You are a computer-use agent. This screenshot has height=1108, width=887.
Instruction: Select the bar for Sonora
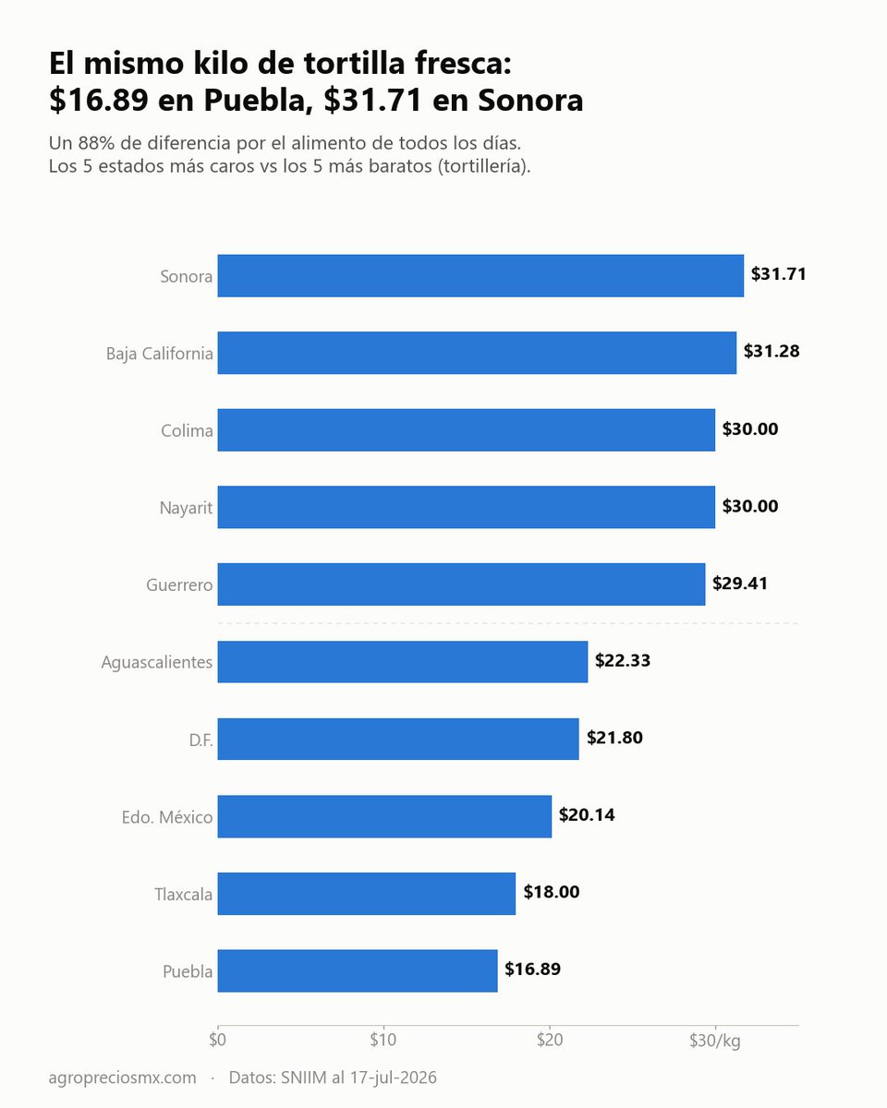click(x=480, y=275)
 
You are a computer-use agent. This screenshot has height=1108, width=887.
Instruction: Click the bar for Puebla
click(x=358, y=970)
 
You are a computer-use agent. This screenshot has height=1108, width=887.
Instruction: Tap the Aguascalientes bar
click(x=403, y=662)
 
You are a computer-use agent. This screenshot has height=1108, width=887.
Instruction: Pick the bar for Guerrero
click(x=461, y=584)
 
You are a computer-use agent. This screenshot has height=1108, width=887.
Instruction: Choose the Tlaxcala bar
click(x=367, y=893)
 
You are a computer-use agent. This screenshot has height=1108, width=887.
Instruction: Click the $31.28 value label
click(x=771, y=351)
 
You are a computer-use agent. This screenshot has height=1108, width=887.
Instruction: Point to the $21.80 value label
click(x=614, y=738)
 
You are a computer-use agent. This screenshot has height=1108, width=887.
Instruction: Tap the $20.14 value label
click(x=587, y=814)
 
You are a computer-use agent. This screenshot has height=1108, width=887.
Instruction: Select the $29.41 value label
click(x=739, y=583)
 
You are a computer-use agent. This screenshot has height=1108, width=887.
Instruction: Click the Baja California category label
click(x=159, y=354)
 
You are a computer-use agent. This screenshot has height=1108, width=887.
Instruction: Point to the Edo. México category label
click(x=167, y=817)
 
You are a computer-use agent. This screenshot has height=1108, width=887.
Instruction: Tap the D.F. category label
click(x=200, y=740)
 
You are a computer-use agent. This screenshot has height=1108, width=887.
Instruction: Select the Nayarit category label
click(x=186, y=508)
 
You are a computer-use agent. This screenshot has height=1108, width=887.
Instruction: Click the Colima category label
click(x=187, y=430)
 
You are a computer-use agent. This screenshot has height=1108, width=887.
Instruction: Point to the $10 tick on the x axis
click(x=383, y=1040)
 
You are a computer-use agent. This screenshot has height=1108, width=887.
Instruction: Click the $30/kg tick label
click(x=715, y=1041)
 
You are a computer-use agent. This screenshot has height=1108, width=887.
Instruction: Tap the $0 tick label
click(x=217, y=1040)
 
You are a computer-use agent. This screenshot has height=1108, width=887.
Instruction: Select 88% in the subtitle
click(x=96, y=143)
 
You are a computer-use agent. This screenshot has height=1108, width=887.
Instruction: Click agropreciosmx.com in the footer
click(x=122, y=1078)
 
